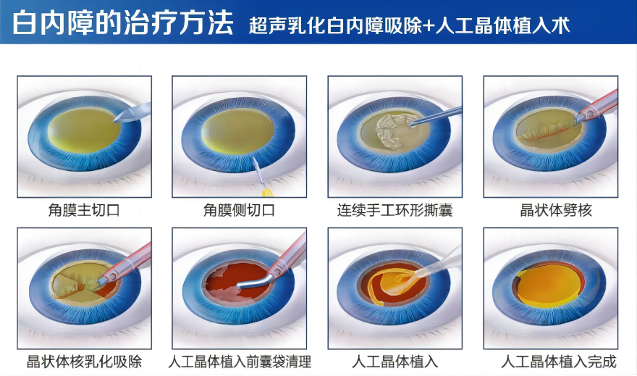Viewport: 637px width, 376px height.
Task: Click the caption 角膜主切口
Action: (x=84, y=210)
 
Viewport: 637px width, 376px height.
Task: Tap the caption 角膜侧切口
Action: (x=240, y=210)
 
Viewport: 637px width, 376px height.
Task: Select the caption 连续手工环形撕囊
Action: (x=395, y=210)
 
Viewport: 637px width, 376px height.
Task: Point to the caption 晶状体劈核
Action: (x=556, y=210)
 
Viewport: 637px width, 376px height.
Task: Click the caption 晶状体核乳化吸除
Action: (x=84, y=362)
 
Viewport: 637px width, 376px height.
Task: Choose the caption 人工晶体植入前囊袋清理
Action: (x=240, y=362)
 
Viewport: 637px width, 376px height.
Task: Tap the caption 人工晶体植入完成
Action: (x=559, y=362)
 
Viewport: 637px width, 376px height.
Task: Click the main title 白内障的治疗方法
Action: (x=122, y=22)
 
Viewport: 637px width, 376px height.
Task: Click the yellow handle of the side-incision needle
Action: (x=266, y=191)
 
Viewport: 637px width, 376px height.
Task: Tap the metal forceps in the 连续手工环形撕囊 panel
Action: (x=436, y=116)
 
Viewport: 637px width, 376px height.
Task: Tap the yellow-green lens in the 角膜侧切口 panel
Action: (x=235, y=132)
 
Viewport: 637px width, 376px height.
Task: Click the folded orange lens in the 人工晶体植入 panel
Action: (x=390, y=285)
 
